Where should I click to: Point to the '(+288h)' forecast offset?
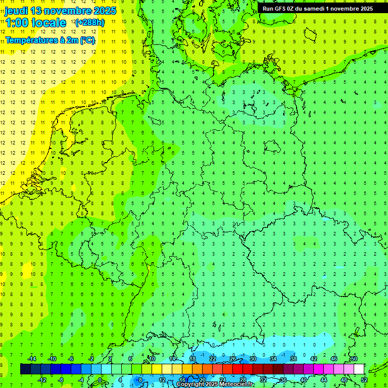(90, 23)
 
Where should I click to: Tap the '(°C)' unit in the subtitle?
(86, 40)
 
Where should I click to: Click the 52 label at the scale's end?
(364, 380)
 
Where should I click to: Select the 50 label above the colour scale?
(354, 359)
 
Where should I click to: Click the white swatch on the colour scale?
(359, 369)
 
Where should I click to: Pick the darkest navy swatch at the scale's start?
(25, 369)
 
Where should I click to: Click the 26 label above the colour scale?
(233, 359)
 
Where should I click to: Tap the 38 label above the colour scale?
(294, 359)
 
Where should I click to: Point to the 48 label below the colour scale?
(344, 380)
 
